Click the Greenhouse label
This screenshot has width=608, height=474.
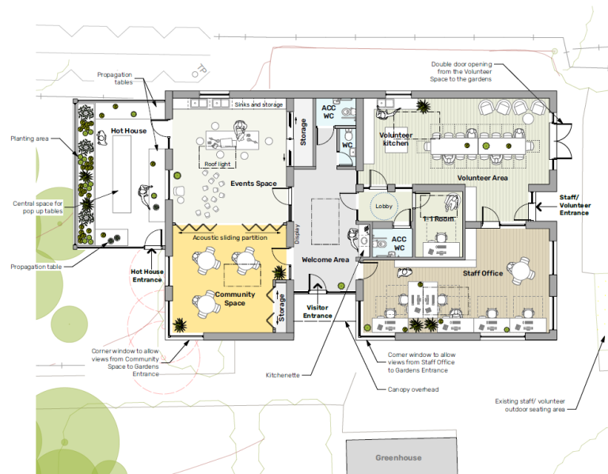tap(398, 457)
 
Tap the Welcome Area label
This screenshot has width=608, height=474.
tap(325, 260)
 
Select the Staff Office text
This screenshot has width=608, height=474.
tap(483, 273)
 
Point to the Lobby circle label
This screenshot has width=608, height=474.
tap(384, 207)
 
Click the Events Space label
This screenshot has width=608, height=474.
tap(253, 184)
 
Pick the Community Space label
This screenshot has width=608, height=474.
tap(235, 298)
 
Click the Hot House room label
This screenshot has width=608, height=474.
tap(129, 131)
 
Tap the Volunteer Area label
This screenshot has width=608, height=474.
tap(482, 178)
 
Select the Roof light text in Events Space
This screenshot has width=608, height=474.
tap(218, 164)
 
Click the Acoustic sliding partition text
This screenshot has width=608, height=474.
tap(230, 237)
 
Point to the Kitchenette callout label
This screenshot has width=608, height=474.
tap(283, 375)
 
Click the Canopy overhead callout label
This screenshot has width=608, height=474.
tap(413, 389)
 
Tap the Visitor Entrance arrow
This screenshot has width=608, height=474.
tap(317, 287)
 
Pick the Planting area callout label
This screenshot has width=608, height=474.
tap(29, 138)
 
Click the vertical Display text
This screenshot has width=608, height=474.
tap(297, 233)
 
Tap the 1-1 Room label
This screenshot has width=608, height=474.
tap(439, 219)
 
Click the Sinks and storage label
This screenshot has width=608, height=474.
tap(259, 104)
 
